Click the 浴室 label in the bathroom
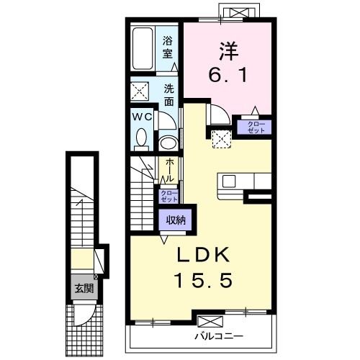pos(167,47)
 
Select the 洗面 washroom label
pos(168,95)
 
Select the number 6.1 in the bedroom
pos(228,74)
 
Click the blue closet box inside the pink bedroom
pos(256,127)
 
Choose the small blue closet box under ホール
pos(168,196)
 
